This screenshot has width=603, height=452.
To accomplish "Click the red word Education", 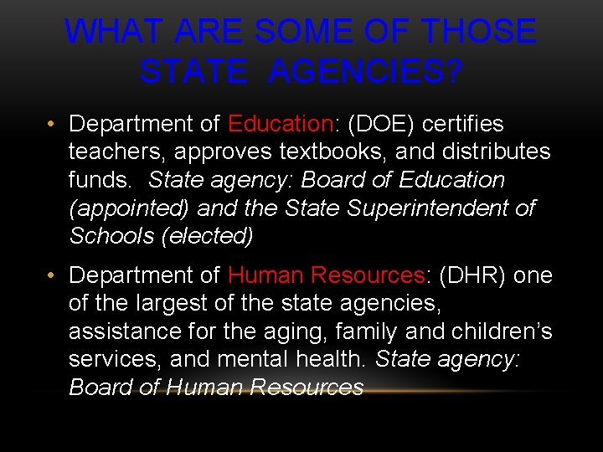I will click(x=281, y=124).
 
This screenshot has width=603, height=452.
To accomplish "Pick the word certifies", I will click(x=463, y=124).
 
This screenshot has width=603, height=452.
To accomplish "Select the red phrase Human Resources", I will click(x=326, y=275).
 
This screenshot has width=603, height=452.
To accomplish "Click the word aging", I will click(x=267, y=332).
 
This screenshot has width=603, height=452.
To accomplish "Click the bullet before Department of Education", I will click(x=52, y=124).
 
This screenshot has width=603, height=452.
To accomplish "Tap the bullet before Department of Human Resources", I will click(x=52, y=275).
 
